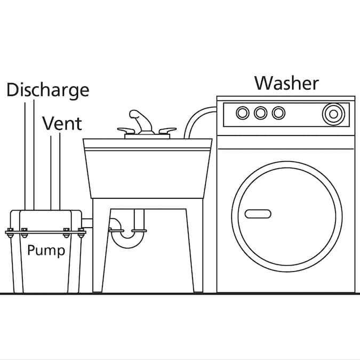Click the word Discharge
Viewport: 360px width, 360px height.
[x=48, y=90]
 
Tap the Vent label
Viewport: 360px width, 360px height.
[x=62, y=124]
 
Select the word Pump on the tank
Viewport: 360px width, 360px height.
[x=46, y=250]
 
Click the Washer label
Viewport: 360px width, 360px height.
[x=286, y=83]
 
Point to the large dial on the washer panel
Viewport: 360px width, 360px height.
[x=333, y=114]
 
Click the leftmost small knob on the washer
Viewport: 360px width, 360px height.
[x=243, y=113]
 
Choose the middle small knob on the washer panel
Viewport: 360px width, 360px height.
[x=260, y=113]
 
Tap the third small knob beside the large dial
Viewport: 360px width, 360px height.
[x=278, y=113]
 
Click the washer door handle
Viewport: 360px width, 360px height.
[x=258, y=214]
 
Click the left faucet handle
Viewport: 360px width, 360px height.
[x=126, y=131]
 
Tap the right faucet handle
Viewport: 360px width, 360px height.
[x=167, y=131]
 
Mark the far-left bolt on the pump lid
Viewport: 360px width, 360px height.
[x=10, y=233]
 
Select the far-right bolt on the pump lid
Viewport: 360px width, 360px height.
[x=81, y=233]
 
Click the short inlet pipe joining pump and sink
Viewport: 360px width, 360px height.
[x=87, y=223]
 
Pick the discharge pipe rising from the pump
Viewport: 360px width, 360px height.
[x=29, y=155]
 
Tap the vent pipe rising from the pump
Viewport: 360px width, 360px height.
[x=55, y=171]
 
